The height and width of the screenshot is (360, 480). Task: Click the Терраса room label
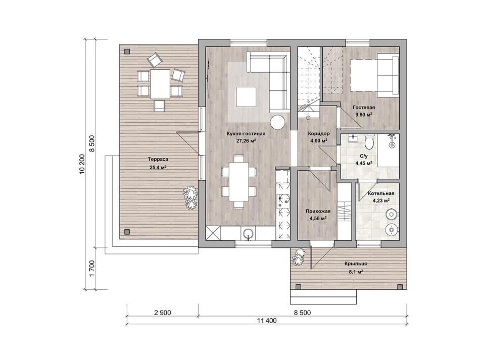tap(158, 160)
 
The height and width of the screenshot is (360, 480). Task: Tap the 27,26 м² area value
tap(246, 141)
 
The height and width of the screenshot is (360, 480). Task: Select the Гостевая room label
tap(364, 108)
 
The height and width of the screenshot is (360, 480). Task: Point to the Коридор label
tap(319, 134)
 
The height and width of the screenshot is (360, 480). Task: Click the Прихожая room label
tap(318, 212)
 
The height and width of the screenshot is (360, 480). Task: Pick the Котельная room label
tap(381, 193)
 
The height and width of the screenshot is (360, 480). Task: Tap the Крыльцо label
tap(356, 264)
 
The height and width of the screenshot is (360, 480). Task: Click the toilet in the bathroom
tap(369, 142)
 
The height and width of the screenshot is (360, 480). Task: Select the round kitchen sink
tap(249, 234)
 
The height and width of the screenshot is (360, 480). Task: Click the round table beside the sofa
tap(278, 122)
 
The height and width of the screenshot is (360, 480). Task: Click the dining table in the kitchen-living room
tap(239, 181)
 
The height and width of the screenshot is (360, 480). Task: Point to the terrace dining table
tap(160, 84)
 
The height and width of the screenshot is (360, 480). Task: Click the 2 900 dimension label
tap(163, 313)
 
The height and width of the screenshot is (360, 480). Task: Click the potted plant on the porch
tap(299, 257)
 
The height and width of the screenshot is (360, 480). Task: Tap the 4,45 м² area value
tap(364, 163)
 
